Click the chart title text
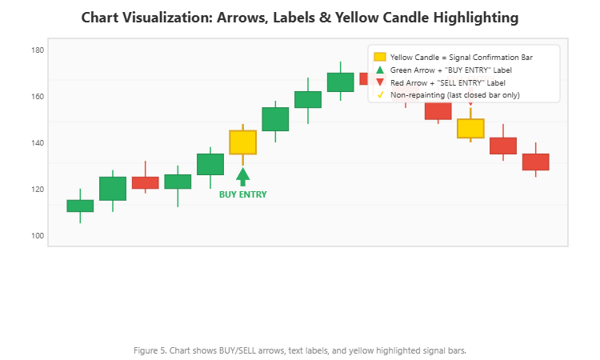(300, 17)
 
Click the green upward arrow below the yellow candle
(243, 176)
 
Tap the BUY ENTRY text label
(243, 194)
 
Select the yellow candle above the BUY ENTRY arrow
(243, 142)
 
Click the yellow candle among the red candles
(470, 128)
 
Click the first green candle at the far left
(80, 206)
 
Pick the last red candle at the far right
(536, 162)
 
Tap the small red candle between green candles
(145, 182)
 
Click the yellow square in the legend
(380, 57)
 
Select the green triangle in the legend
(380, 70)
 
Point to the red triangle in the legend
(380, 83)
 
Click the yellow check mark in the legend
(380, 95)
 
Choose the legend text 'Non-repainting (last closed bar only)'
(454, 95)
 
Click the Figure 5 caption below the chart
(300, 350)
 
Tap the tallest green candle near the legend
(341, 82)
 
